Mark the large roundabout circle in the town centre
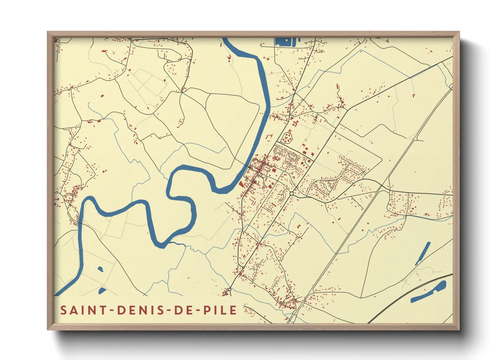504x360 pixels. point(292,194)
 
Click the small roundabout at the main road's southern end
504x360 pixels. point(230,290)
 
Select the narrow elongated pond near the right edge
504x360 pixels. point(423,253)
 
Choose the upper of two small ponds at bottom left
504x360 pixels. point(100,269)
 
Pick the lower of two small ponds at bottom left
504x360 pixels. point(101,291)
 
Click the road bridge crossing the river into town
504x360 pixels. point(248,166)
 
